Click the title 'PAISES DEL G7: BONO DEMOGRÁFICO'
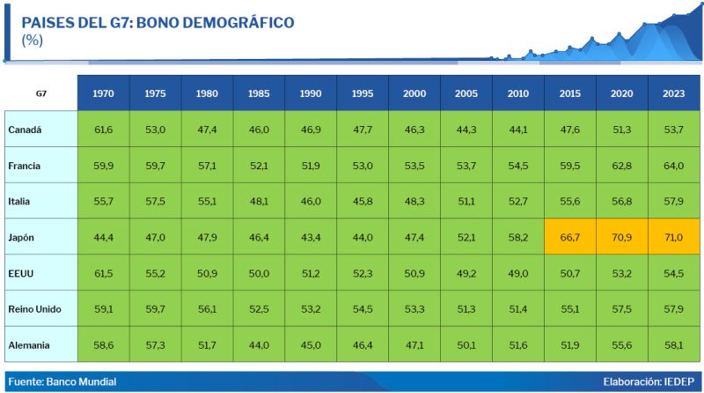coord(158,22)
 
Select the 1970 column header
coord(103,93)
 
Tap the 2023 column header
coord(674,93)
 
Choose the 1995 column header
coord(363,93)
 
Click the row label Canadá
coord(26,130)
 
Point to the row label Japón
coord(23,237)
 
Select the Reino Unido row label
coord(36,308)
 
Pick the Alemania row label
coord(31,345)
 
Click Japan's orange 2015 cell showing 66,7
coord(570,237)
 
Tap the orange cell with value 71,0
coord(674,237)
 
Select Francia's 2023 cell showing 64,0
coord(674,166)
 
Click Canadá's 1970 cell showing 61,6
coord(103,130)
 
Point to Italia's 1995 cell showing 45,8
coord(363,202)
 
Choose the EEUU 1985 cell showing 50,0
coord(259,273)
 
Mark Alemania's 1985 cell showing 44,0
coord(259,345)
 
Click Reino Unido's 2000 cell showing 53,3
coord(414,308)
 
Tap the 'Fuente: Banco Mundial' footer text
coord(62,382)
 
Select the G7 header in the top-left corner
coord(41,93)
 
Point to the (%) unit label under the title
coord(33,40)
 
